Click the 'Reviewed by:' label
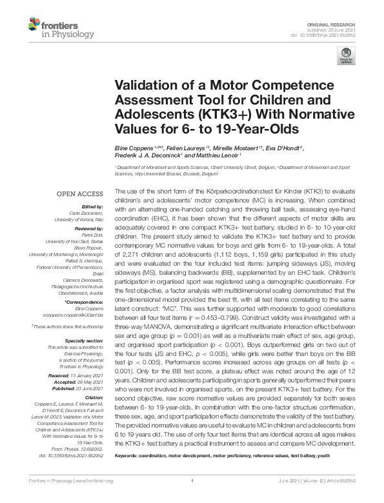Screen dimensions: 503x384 click(x=88, y=229)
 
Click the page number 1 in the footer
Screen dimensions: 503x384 click(x=192, y=498)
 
